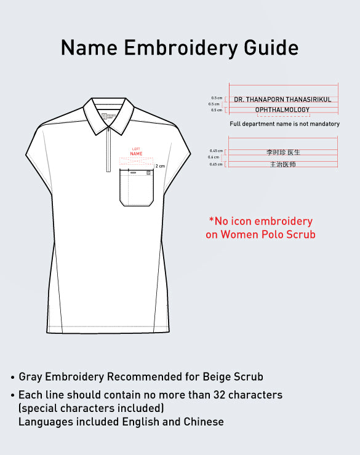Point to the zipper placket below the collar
tap(108, 148)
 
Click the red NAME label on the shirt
tap(136, 154)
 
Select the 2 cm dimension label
tap(160, 166)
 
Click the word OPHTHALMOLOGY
tap(282, 110)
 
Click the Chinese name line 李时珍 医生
tap(283, 152)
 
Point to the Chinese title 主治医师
tap(283, 164)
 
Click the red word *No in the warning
tap(219, 221)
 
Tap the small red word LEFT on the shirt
tap(136, 149)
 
